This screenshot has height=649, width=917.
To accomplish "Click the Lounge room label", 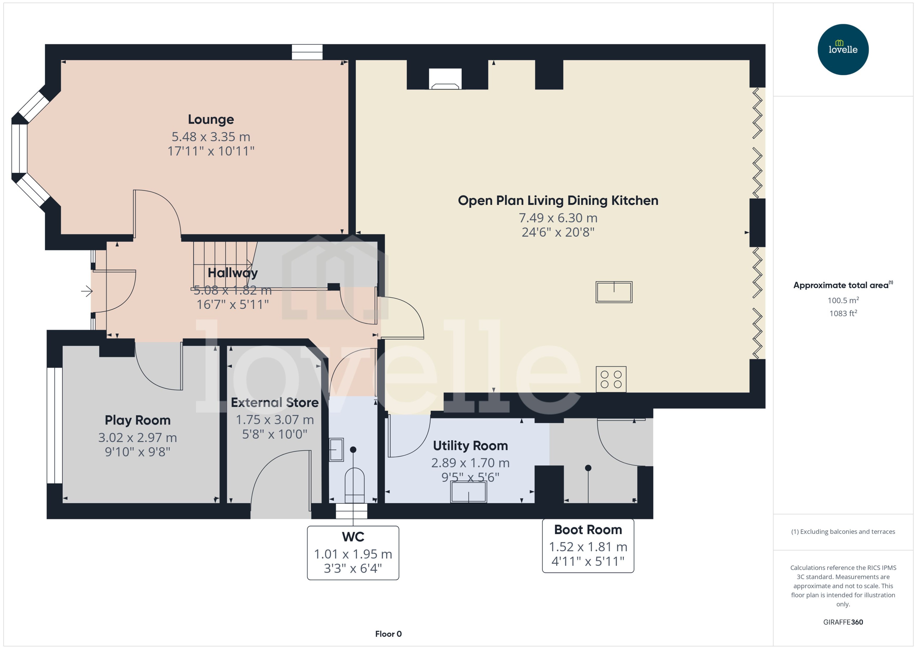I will point(211,119).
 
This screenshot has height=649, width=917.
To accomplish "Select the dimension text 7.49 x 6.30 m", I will point(558,218).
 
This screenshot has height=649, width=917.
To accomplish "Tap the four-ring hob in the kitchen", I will point(611,379).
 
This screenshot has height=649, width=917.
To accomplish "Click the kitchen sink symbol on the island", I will point(614,292).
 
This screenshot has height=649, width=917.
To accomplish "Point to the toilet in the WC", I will point(354,485).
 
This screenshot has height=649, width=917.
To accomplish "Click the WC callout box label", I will point(353,537).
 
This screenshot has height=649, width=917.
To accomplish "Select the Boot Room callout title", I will point(588,530).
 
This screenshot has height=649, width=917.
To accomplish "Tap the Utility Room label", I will point(470,446).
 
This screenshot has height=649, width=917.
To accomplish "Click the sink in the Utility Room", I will point(468,492).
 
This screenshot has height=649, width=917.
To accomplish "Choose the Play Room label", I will point(138,420).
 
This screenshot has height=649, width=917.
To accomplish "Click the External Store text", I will point(275,402).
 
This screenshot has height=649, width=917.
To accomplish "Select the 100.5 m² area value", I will point(843,300).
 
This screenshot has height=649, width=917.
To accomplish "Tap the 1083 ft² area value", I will point(843,313).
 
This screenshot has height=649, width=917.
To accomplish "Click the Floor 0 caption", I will point(388,634).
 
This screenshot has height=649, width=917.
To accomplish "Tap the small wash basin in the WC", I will point(336,450).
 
